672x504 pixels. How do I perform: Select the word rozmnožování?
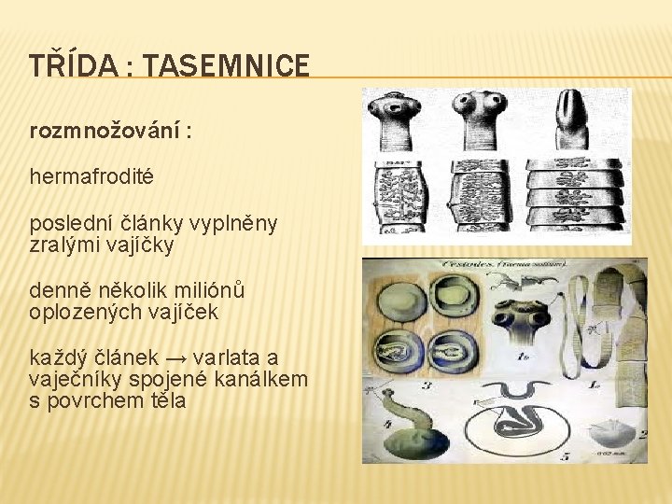tap(105, 131)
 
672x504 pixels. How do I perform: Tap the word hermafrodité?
tap(91, 175)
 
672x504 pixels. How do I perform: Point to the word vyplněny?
tap(236, 225)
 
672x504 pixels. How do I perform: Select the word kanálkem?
tap(262, 381)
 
